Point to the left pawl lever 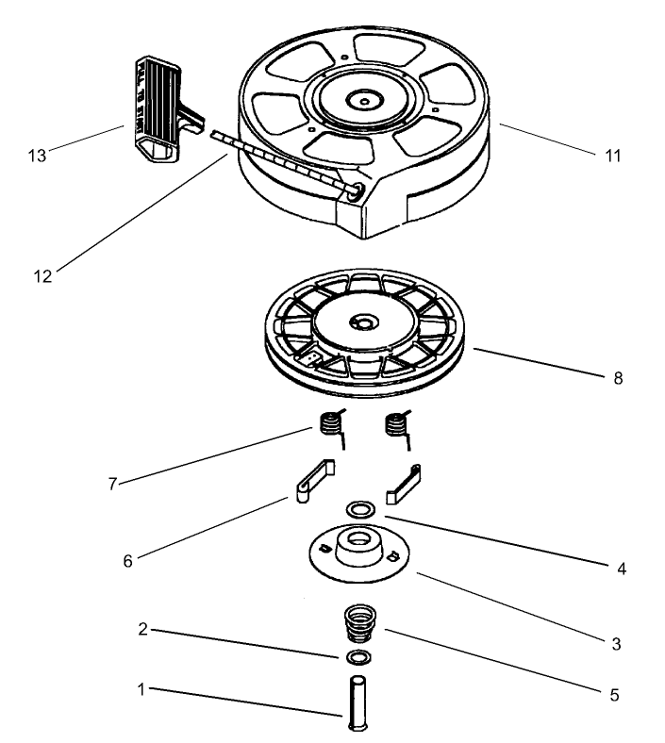click(311, 479)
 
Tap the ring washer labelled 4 click(357, 510)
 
